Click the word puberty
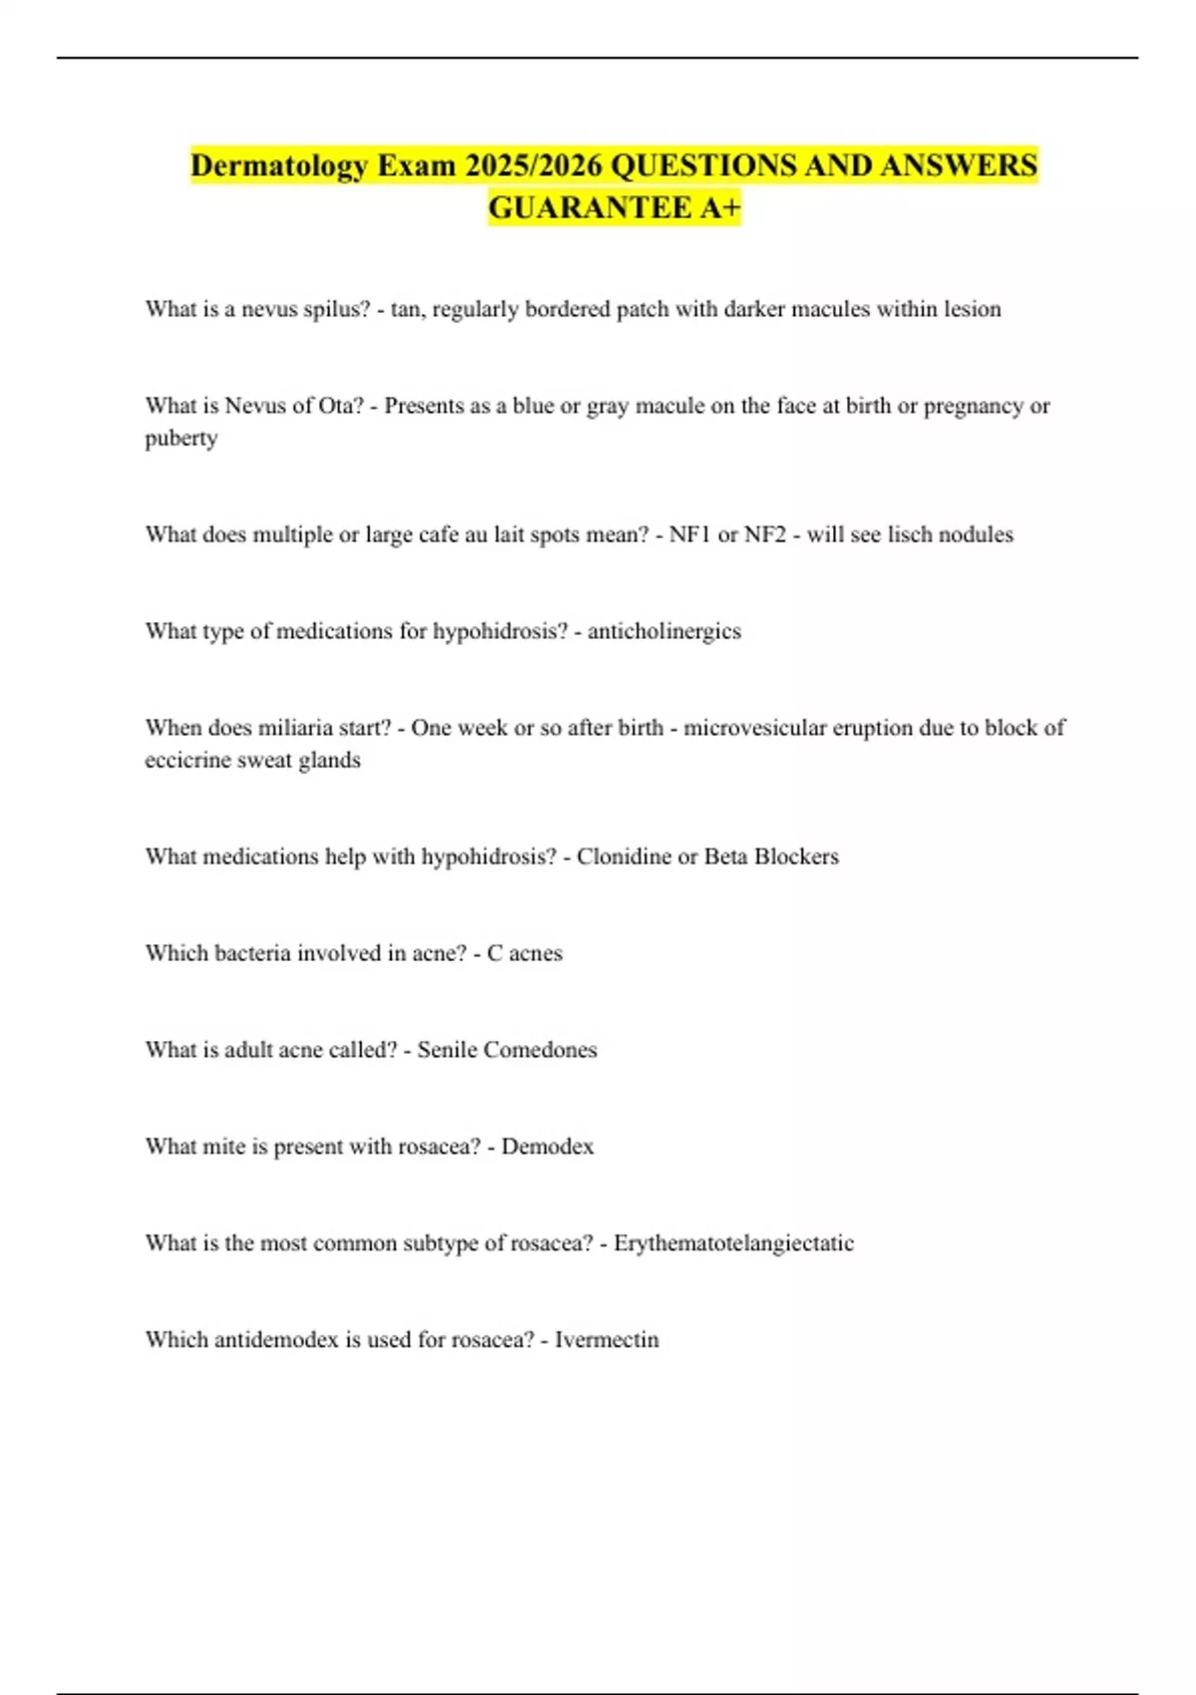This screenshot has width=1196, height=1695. coord(181,438)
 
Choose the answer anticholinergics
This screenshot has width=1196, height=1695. coord(664,631)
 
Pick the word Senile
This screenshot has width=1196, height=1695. coord(447,1050)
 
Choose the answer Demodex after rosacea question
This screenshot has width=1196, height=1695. coord(547,1147)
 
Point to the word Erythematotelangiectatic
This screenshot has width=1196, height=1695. coord(734,1243)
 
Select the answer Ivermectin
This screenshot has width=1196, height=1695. coord(607,1340)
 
